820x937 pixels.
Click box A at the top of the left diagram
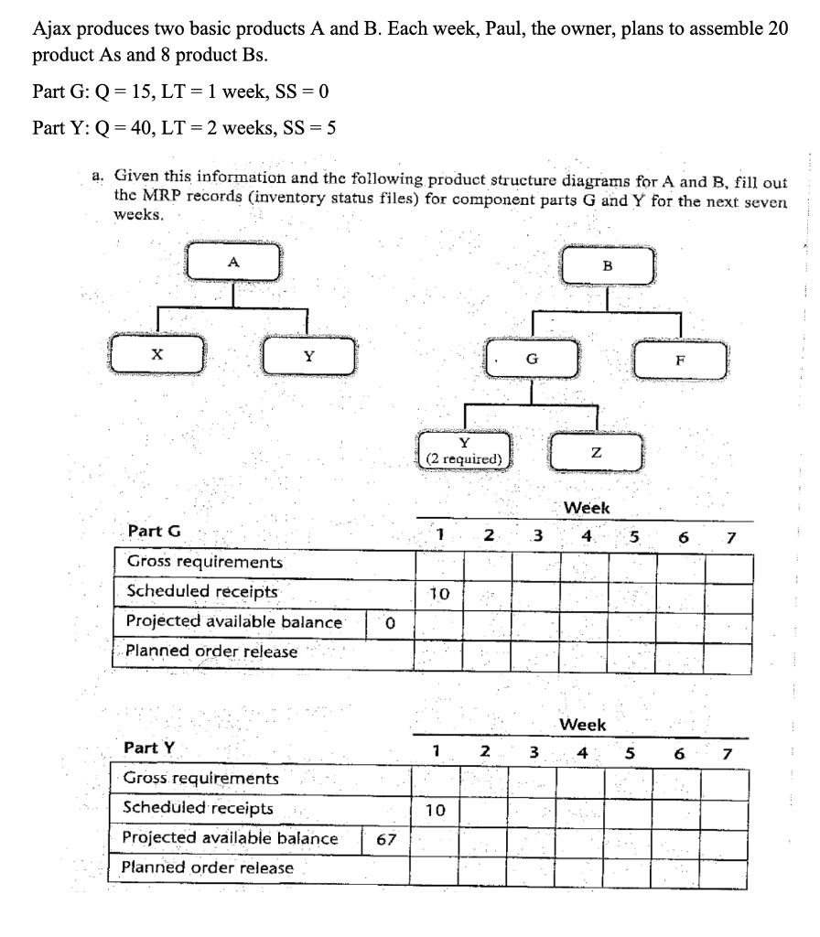pyautogui.click(x=234, y=263)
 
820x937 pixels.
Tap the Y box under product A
pyautogui.click(x=307, y=357)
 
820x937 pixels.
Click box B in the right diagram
pyautogui.click(x=608, y=266)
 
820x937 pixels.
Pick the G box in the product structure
pyautogui.click(x=532, y=358)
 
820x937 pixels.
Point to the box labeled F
pyautogui.click(x=680, y=359)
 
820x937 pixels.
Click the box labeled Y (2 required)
pyautogui.click(x=464, y=450)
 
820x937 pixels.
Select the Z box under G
pyautogui.click(x=597, y=452)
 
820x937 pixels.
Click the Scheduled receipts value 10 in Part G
pyautogui.click(x=439, y=594)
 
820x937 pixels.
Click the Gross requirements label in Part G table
pyautogui.click(x=204, y=562)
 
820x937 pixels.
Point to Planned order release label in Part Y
pyautogui.click(x=209, y=867)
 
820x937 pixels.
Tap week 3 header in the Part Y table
pyautogui.click(x=534, y=752)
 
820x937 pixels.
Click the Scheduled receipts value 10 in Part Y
pyautogui.click(x=436, y=810)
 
